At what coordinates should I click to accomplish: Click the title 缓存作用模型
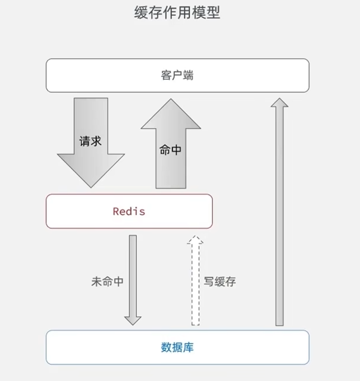pyautogui.click(x=177, y=13)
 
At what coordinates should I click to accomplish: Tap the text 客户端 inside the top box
pyautogui.click(x=177, y=76)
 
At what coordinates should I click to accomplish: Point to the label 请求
pyautogui.click(x=91, y=141)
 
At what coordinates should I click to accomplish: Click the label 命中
pyautogui.click(x=170, y=150)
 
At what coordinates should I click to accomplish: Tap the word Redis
pyautogui.click(x=129, y=211)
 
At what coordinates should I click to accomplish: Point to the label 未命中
pyautogui.click(x=107, y=282)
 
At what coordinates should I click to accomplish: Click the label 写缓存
pyautogui.click(x=220, y=282)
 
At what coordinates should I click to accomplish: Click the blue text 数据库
pyautogui.click(x=177, y=348)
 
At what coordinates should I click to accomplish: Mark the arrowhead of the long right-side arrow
pyautogui.click(x=279, y=103)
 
